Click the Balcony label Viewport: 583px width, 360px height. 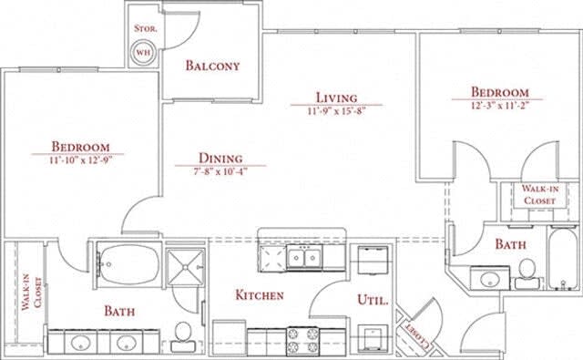[x=212, y=66]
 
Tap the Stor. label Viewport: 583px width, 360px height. [x=145, y=29]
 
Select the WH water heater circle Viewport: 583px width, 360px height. [x=144, y=53]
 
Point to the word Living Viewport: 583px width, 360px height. [x=335, y=98]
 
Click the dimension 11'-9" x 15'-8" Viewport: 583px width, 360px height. [x=335, y=110]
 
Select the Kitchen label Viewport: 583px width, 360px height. [x=260, y=295]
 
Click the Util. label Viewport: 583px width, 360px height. [x=373, y=299]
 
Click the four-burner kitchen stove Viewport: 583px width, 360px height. [x=303, y=340]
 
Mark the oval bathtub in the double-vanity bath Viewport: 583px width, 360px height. [x=125, y=262]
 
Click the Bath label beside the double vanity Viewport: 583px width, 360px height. [x=119, y=312]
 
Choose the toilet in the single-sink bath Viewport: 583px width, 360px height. [x=526, y=271]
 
